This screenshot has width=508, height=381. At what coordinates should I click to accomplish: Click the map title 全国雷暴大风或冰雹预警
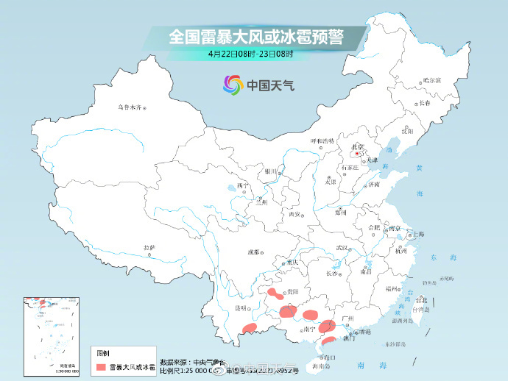point(257,35)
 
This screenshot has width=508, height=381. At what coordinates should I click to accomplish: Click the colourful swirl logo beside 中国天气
point(233,85)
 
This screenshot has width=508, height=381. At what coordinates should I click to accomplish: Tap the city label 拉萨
point(149,247)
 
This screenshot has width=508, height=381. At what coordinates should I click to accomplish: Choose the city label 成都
point(253,252)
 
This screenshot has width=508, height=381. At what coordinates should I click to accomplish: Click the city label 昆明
point(239,307)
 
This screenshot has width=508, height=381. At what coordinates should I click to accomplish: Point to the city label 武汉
point(340,249)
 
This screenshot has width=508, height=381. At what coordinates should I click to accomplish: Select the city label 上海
point(418,234)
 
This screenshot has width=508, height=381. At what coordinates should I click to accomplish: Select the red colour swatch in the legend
point(100,366)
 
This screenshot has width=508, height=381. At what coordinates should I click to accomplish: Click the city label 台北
point(421,300)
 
